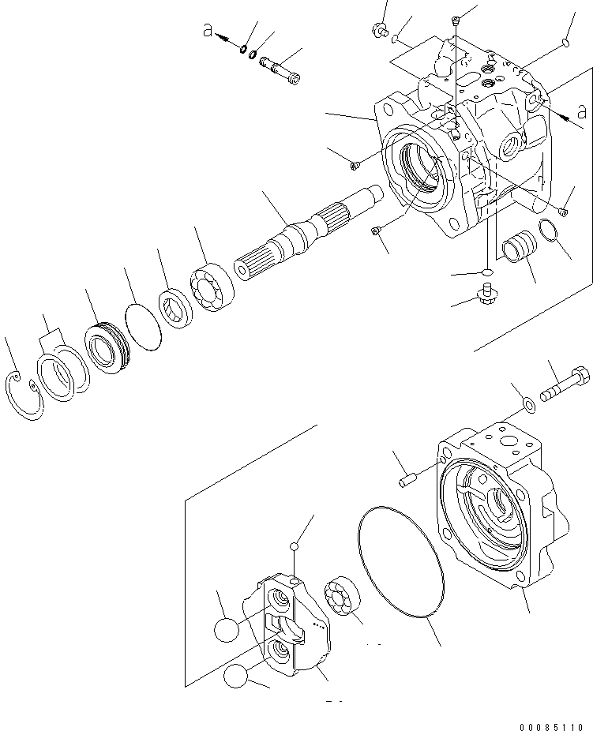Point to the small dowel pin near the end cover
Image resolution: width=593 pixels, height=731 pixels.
pos(408,478)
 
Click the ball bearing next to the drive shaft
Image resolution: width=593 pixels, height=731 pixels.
pos(209,283)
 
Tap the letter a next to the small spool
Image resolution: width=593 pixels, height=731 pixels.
pos(207,30)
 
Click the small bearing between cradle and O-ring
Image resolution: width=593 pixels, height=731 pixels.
pos(342,594)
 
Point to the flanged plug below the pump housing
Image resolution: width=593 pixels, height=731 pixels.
pos(484,296)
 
